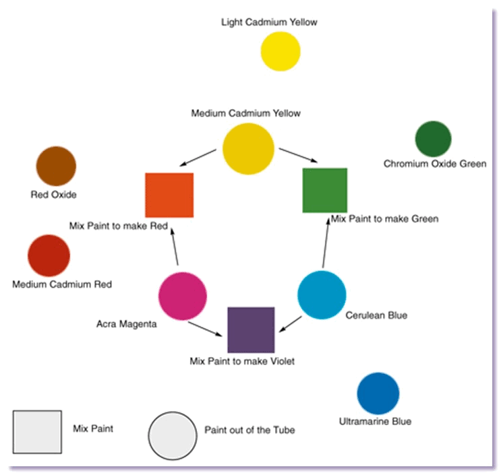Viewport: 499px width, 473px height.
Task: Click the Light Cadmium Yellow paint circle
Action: click(281, 51)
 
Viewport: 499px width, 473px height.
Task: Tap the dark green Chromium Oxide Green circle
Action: click(433, 139)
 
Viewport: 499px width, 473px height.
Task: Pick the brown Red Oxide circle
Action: click(55, 166)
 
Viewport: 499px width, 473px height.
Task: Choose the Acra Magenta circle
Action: click(182, 296)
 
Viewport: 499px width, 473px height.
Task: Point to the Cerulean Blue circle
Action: click(322, 294)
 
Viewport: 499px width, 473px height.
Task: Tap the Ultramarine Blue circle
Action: click(378, 393)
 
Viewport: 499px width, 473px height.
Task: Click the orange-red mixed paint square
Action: click(169, 195)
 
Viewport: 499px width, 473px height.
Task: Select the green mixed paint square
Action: click(324, 191)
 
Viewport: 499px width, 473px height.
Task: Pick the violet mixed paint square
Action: click(251, 329)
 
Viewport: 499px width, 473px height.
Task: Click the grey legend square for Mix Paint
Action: click(37, 432)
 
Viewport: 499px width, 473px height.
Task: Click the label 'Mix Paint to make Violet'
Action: click(242, 361)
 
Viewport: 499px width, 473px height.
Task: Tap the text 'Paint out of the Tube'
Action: click(249, 430)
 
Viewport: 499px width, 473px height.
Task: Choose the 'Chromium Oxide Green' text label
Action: click(435, 164)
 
